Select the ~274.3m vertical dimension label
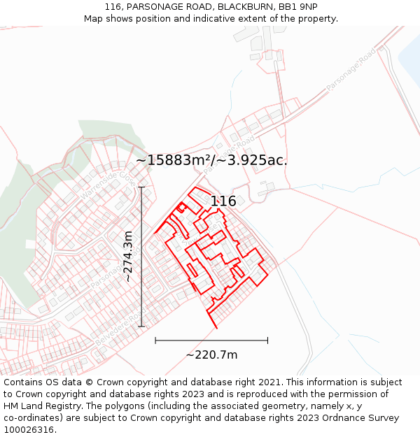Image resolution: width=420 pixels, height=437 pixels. pyautogui.click(x=128, y=256)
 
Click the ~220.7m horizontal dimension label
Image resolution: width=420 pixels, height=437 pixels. pyautogui.click(x=211, y=354)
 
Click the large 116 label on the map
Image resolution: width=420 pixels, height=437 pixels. pyautogui.click(x=223, y=201)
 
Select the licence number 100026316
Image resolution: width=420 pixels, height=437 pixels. pyautogui.click(x=30, y=430)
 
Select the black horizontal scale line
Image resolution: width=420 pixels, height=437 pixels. pyautogui.click(x=211, y=341)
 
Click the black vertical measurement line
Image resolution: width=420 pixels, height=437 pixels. pyautogui.click(x=141, y=256)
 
